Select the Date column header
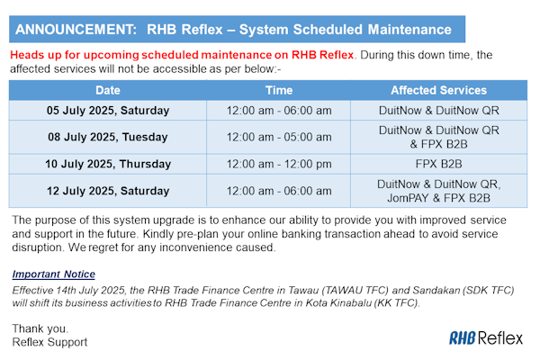tap(108, 90)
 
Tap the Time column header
tap(279, 90)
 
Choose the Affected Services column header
tap(439, 90)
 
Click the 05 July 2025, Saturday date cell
tap(108, 111)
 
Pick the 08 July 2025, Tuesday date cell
tap(108, 137)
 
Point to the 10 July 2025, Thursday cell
tap(108, 164)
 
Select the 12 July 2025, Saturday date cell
tap(108, 191)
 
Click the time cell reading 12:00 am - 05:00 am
tap(279, 137)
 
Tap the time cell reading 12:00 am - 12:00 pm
tap(279, 164)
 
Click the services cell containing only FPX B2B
tap(439, 164)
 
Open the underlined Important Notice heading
tap(53, 274)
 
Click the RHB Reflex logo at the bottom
tap(486, 338)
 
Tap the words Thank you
tap(40, 328)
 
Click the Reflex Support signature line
tap(49, 342)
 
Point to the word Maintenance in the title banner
tap(409, 30)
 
